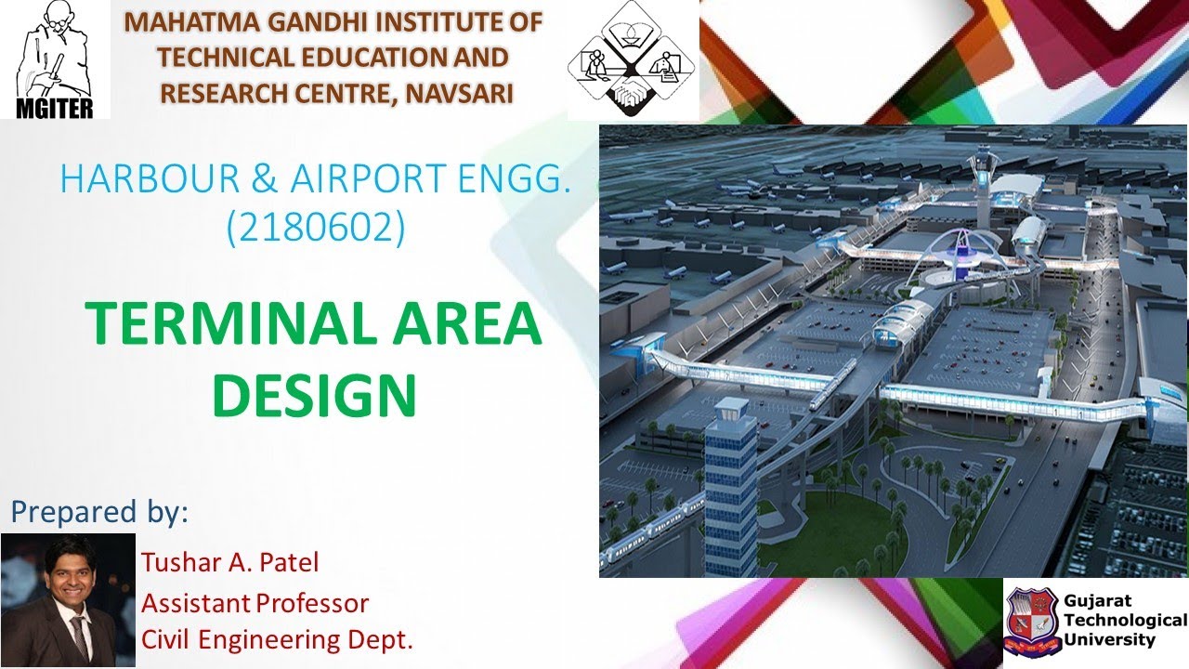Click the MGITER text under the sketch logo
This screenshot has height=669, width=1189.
55,107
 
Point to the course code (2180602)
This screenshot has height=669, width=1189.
316,228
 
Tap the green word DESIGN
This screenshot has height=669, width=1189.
314,394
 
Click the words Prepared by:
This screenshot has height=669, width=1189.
99,512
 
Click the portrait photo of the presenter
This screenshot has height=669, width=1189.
68,599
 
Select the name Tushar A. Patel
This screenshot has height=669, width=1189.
230,562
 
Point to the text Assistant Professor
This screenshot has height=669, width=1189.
255,603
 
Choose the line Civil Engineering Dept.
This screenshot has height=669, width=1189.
277,639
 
